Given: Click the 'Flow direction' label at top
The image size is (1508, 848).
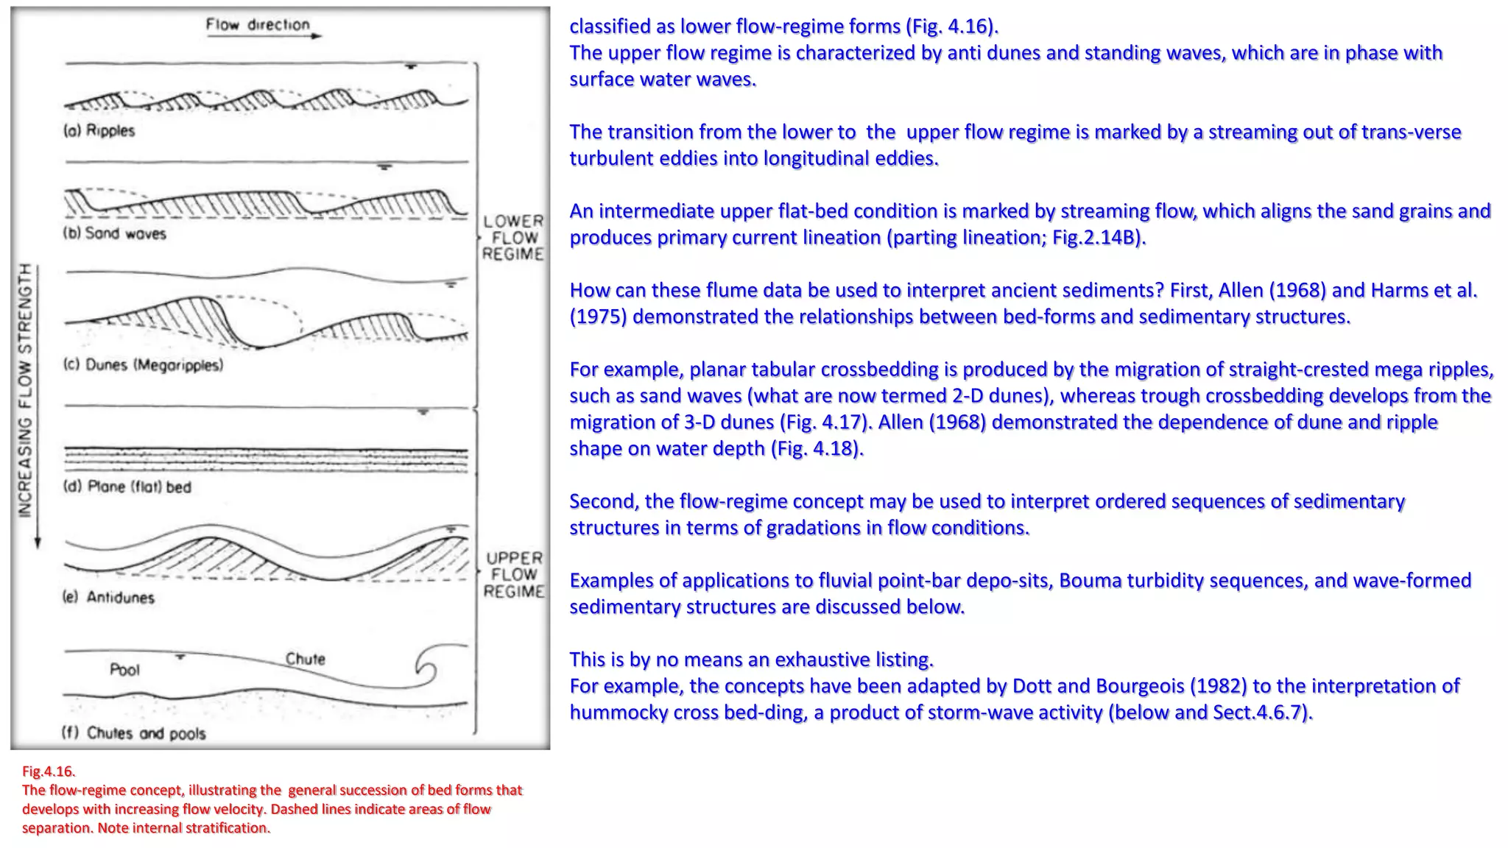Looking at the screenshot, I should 258,24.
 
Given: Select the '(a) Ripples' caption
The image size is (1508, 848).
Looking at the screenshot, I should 99,131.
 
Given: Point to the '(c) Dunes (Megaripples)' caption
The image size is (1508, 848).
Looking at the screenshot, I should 143,365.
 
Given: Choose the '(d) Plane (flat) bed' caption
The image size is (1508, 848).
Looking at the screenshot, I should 127,487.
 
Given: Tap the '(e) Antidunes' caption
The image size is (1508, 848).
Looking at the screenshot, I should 108,597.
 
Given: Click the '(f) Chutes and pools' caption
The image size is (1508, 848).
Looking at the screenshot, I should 133,733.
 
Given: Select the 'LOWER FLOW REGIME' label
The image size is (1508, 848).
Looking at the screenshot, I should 513,238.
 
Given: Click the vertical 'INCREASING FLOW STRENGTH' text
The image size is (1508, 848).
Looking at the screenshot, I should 26,390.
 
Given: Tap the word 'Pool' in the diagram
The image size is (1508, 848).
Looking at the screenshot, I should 124,670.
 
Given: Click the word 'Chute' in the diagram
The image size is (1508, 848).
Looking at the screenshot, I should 306,659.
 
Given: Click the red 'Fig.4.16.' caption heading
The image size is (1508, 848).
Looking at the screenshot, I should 49,771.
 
